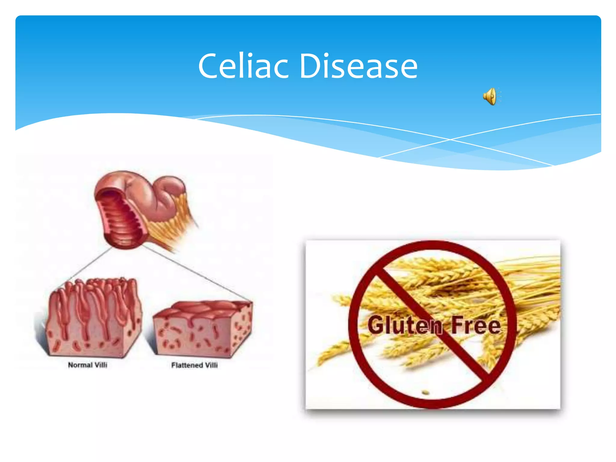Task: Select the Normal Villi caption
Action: click(x=88, y=365)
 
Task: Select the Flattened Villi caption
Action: click(x=194, y=365)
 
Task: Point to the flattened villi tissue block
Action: click(x=202, y=331)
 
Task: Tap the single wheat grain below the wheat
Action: click(x=425, y=392)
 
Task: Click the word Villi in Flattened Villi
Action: click(x=211, y=365)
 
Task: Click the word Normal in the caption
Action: click(x=80, y=365)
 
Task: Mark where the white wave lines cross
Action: click(x=450, y=140)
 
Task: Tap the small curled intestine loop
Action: click(x=171, y=186)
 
